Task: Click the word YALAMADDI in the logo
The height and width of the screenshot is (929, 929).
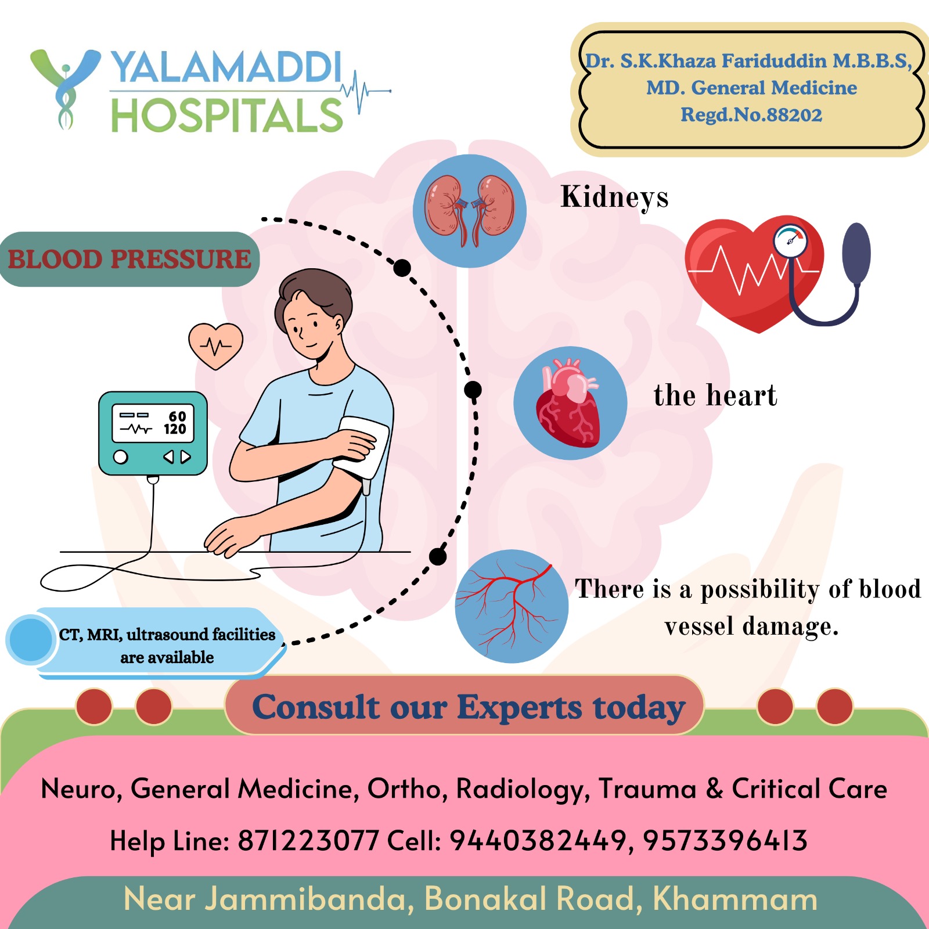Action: pyautogui.click(x=226, y=67)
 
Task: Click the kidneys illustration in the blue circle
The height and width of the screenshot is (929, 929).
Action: pyautogui.click(x=470, y=211)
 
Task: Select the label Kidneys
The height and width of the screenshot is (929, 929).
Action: pyautogui.click(x=614, y=197)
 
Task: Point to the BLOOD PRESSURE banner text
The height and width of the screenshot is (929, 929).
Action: pyautogui.click(x=129, y=259)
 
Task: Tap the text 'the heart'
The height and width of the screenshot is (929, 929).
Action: pyautogui.click(x=715, y=395)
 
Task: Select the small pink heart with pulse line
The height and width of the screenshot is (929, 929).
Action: pyautogui.click(x=215, y=346)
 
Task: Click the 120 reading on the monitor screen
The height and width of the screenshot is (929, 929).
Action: pyautogui.click(x=175, y=429)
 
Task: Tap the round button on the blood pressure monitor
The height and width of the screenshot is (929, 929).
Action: pyautogui.click(x=120, y=457)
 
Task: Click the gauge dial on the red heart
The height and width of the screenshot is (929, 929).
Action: pyautogui.click(x=790, y=241)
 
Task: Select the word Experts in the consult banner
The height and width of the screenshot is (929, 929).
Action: pyautogui.click(x=519, y=707)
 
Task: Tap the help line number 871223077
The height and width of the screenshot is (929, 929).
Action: pyautogui.click(x=308, y=841)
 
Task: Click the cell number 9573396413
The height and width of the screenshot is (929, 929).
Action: pyautogui.click(x=725, y=841)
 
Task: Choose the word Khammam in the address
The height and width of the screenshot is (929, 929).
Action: pyautogui.click(x=735, y=899)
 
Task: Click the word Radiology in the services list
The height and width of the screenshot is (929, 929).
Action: pyautogui.click(x=523, y=789)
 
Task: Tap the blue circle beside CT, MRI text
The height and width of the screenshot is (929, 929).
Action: pyautogui.click(x=30, y=640)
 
